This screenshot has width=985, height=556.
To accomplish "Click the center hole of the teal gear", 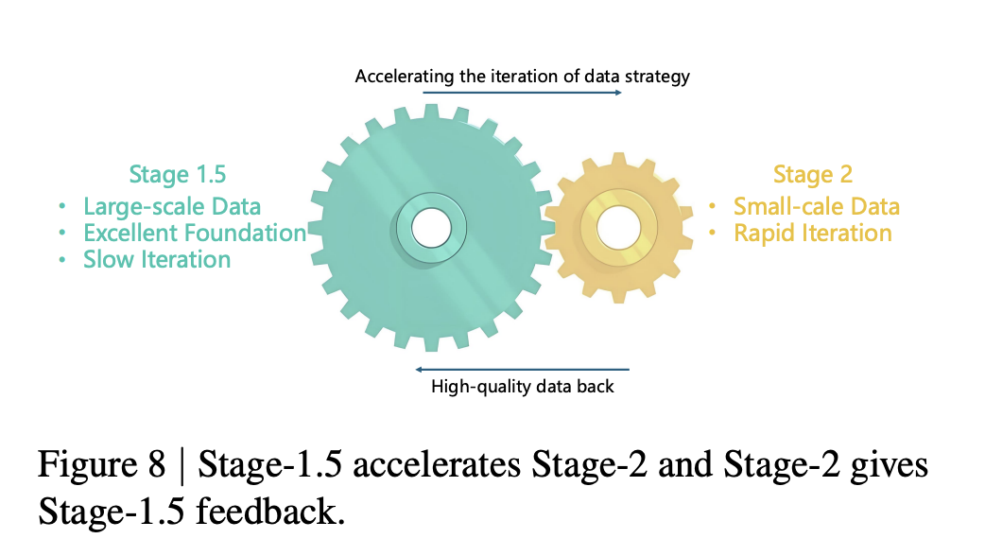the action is tap(432, 228).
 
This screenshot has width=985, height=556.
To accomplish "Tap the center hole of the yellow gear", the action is tap(619, 228).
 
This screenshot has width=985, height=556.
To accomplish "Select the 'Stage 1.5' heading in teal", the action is tap(177, 175).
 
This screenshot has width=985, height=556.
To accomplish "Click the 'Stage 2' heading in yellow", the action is tap(813, 175).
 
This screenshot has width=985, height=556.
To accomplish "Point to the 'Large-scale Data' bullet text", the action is tap(172, 207).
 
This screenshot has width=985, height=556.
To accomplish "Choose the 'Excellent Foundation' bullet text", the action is tap(195, 233).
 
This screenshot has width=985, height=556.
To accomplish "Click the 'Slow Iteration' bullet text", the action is tap(157, 259).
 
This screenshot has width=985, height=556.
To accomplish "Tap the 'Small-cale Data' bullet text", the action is tap(817, 207).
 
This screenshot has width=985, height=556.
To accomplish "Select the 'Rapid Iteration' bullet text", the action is tap(813, 233).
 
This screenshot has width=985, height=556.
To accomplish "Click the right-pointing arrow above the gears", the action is tap(522, 93).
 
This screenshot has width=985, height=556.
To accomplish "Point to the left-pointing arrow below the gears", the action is tap(522, 370).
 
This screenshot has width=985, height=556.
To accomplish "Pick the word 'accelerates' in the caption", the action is tap(437, 465).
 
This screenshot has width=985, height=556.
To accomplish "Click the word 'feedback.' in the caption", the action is tap(270, 511).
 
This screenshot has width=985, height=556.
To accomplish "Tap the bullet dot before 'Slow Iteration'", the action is tap(61, 259).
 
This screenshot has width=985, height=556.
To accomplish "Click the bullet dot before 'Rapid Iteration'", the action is tap(713, 233).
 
